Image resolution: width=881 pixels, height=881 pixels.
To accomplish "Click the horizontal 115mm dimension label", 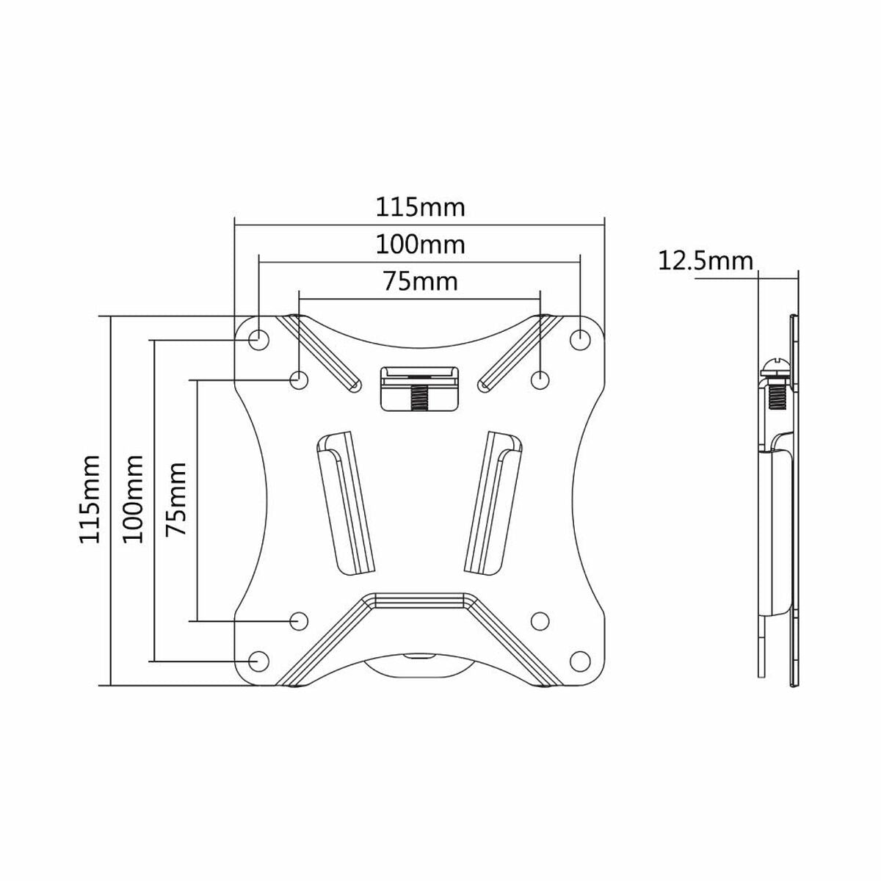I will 421,207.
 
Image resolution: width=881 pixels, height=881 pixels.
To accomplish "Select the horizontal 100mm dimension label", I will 421,244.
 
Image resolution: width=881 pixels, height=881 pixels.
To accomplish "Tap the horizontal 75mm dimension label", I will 421,281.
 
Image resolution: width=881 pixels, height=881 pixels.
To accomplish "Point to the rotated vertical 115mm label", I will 90,498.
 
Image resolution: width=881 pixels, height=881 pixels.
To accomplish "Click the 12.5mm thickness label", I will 706,261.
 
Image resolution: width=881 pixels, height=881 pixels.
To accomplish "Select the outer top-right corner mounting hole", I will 580,339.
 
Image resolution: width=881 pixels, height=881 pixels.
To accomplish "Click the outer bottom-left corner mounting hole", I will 258,660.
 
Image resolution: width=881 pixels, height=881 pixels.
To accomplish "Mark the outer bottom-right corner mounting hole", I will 580,660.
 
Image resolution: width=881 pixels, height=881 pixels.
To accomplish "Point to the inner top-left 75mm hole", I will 299,380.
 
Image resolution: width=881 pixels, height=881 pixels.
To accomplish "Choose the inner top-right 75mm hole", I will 540,380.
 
